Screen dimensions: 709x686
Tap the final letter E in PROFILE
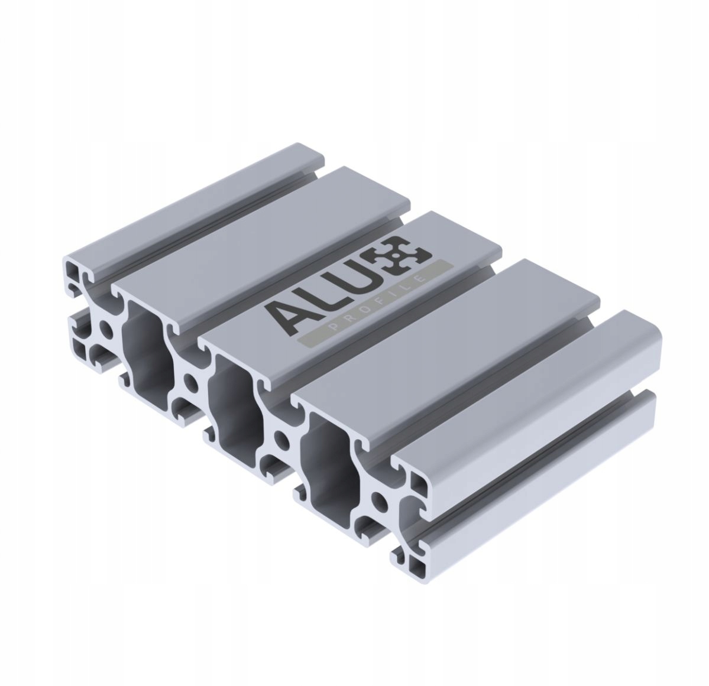(420, 277)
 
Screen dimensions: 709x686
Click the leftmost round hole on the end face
(106, 329)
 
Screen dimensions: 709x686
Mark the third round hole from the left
(281, 439)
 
